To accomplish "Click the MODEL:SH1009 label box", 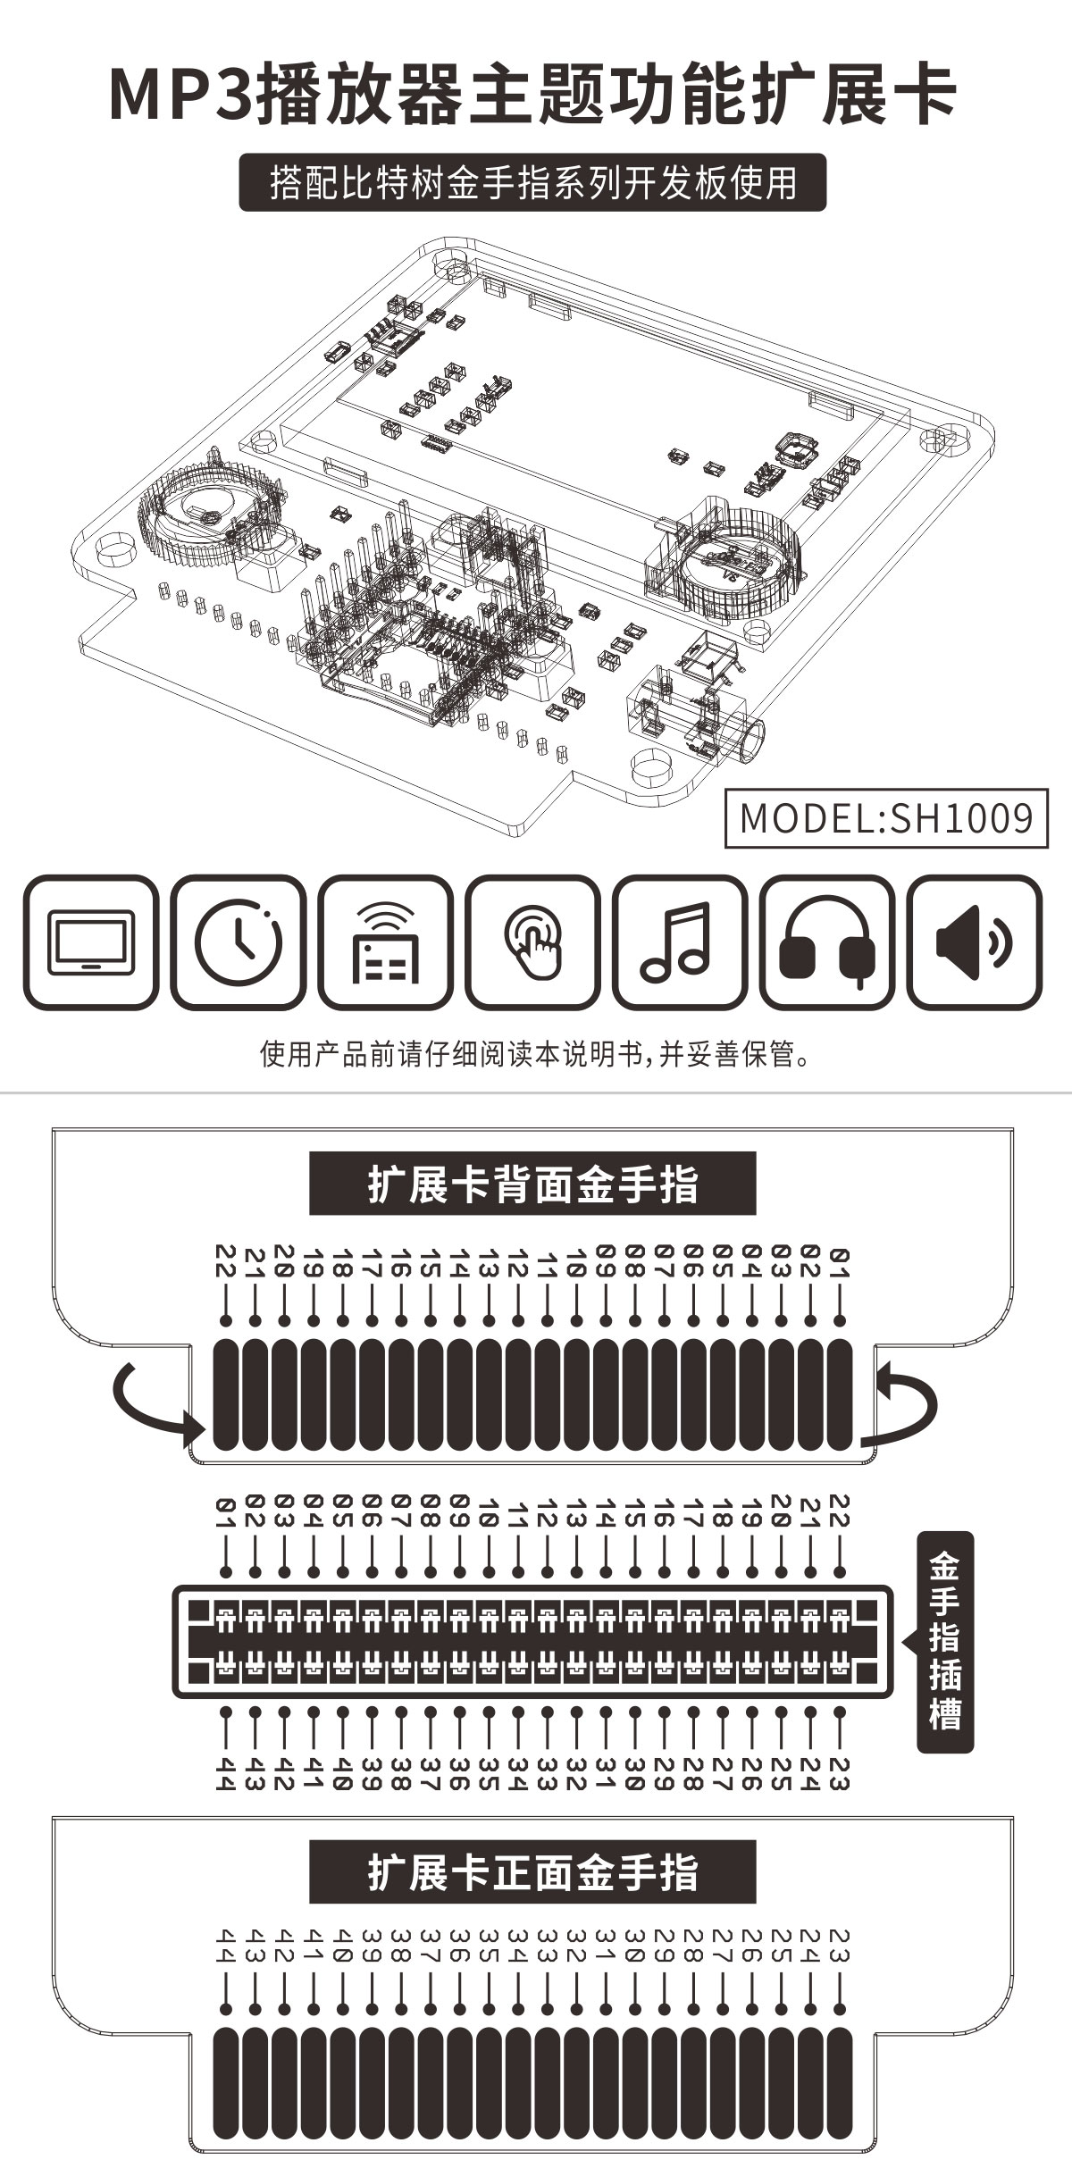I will (x=886, y=817).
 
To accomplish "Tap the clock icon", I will (x=239, y=942).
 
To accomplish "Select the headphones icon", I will (x=827, y=942).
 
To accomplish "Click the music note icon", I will (x=680, y=942).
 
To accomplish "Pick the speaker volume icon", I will (x=975, y=942).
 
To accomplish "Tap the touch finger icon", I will (x=532, y=942).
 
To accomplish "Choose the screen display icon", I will (x=91, y=942).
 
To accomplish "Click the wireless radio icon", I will (x=385, y=942).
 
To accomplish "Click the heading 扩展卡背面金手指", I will (x=532, y=1184).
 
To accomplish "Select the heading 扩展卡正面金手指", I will (x=532, y=1871).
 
